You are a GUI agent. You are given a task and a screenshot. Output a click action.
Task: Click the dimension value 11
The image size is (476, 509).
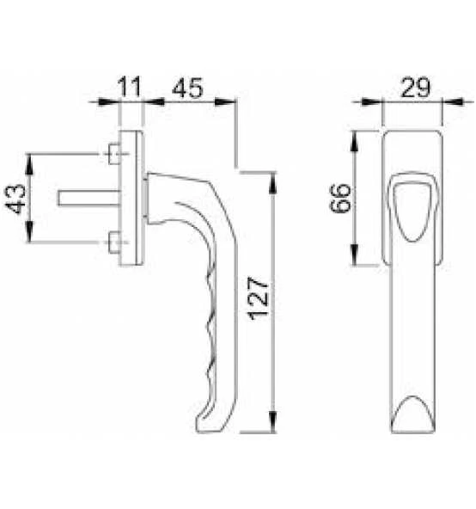[x=129, y=87]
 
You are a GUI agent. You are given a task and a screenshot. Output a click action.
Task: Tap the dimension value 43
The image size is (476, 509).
[x=16, y=199]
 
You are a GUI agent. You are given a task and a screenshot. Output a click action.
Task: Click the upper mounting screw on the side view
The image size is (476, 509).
[x=114, y=155]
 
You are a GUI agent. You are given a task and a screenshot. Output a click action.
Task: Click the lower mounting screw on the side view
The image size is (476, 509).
[x=114, y=241]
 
